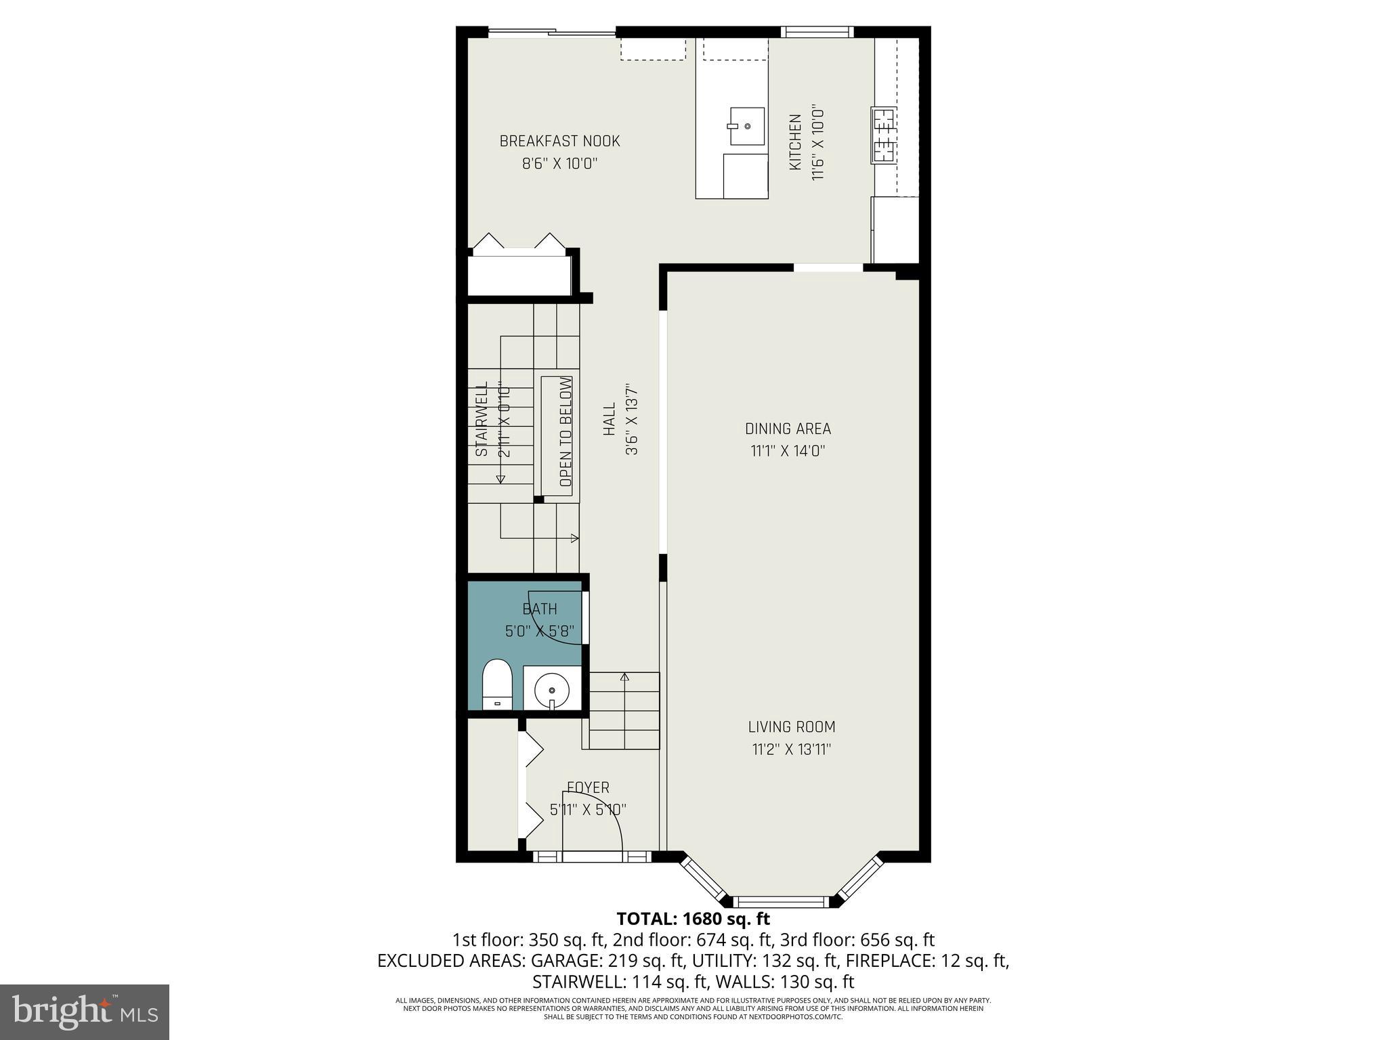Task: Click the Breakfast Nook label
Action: click(x=559, y=142)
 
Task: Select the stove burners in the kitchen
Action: click(x=883, y=135)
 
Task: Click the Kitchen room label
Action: click(x=796, y=142)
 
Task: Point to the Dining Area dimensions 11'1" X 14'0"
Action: click(x=788, y=451)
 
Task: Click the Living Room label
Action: click(x=791, y=727)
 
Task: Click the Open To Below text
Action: click(x=566, y=432)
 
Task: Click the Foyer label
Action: click(x=588, y=787)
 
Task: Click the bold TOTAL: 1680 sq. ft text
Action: click(x=693, y=919)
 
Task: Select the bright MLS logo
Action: click(x=85, y=1012)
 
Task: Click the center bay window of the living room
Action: click(x=782, y=901)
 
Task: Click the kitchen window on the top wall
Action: click(x=816, y=31)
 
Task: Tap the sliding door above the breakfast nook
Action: click(x=552, y=31)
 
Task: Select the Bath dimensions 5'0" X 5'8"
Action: click(x=540, y=632)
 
